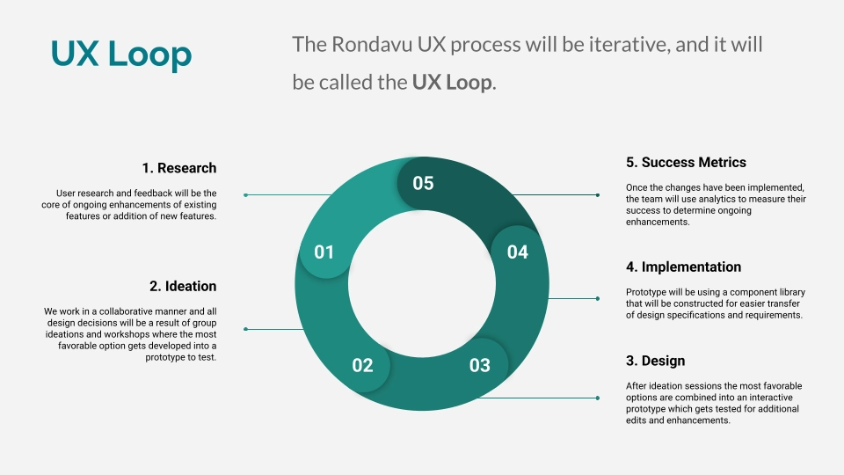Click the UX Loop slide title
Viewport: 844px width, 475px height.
click(x=121, y=55)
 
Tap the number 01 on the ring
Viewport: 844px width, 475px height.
click(x=324, y=252)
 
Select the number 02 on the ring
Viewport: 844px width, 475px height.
click(x=362, y=365)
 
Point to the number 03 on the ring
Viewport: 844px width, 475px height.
click(x=479, y=365)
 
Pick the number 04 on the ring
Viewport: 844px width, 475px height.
click(x=518, y=252)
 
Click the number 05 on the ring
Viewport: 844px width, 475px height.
click(x=423, y=183)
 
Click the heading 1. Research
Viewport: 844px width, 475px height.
click(x=179, y=168)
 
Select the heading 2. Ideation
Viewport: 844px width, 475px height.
click(x=183, y=286)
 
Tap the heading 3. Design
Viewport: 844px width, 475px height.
click(x=655, y=361)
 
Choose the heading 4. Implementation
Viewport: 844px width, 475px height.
click(x=683, y=267)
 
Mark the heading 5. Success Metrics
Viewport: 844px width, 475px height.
click(x=686, y=162)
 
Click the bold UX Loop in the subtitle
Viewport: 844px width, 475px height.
click(x=452, y=83)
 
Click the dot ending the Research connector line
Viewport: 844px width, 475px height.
click(x=245, y=194)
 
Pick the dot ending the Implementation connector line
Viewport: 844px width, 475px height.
click(x=598, y=298)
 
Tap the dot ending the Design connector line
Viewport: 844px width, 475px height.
click(x=598, y=398)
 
